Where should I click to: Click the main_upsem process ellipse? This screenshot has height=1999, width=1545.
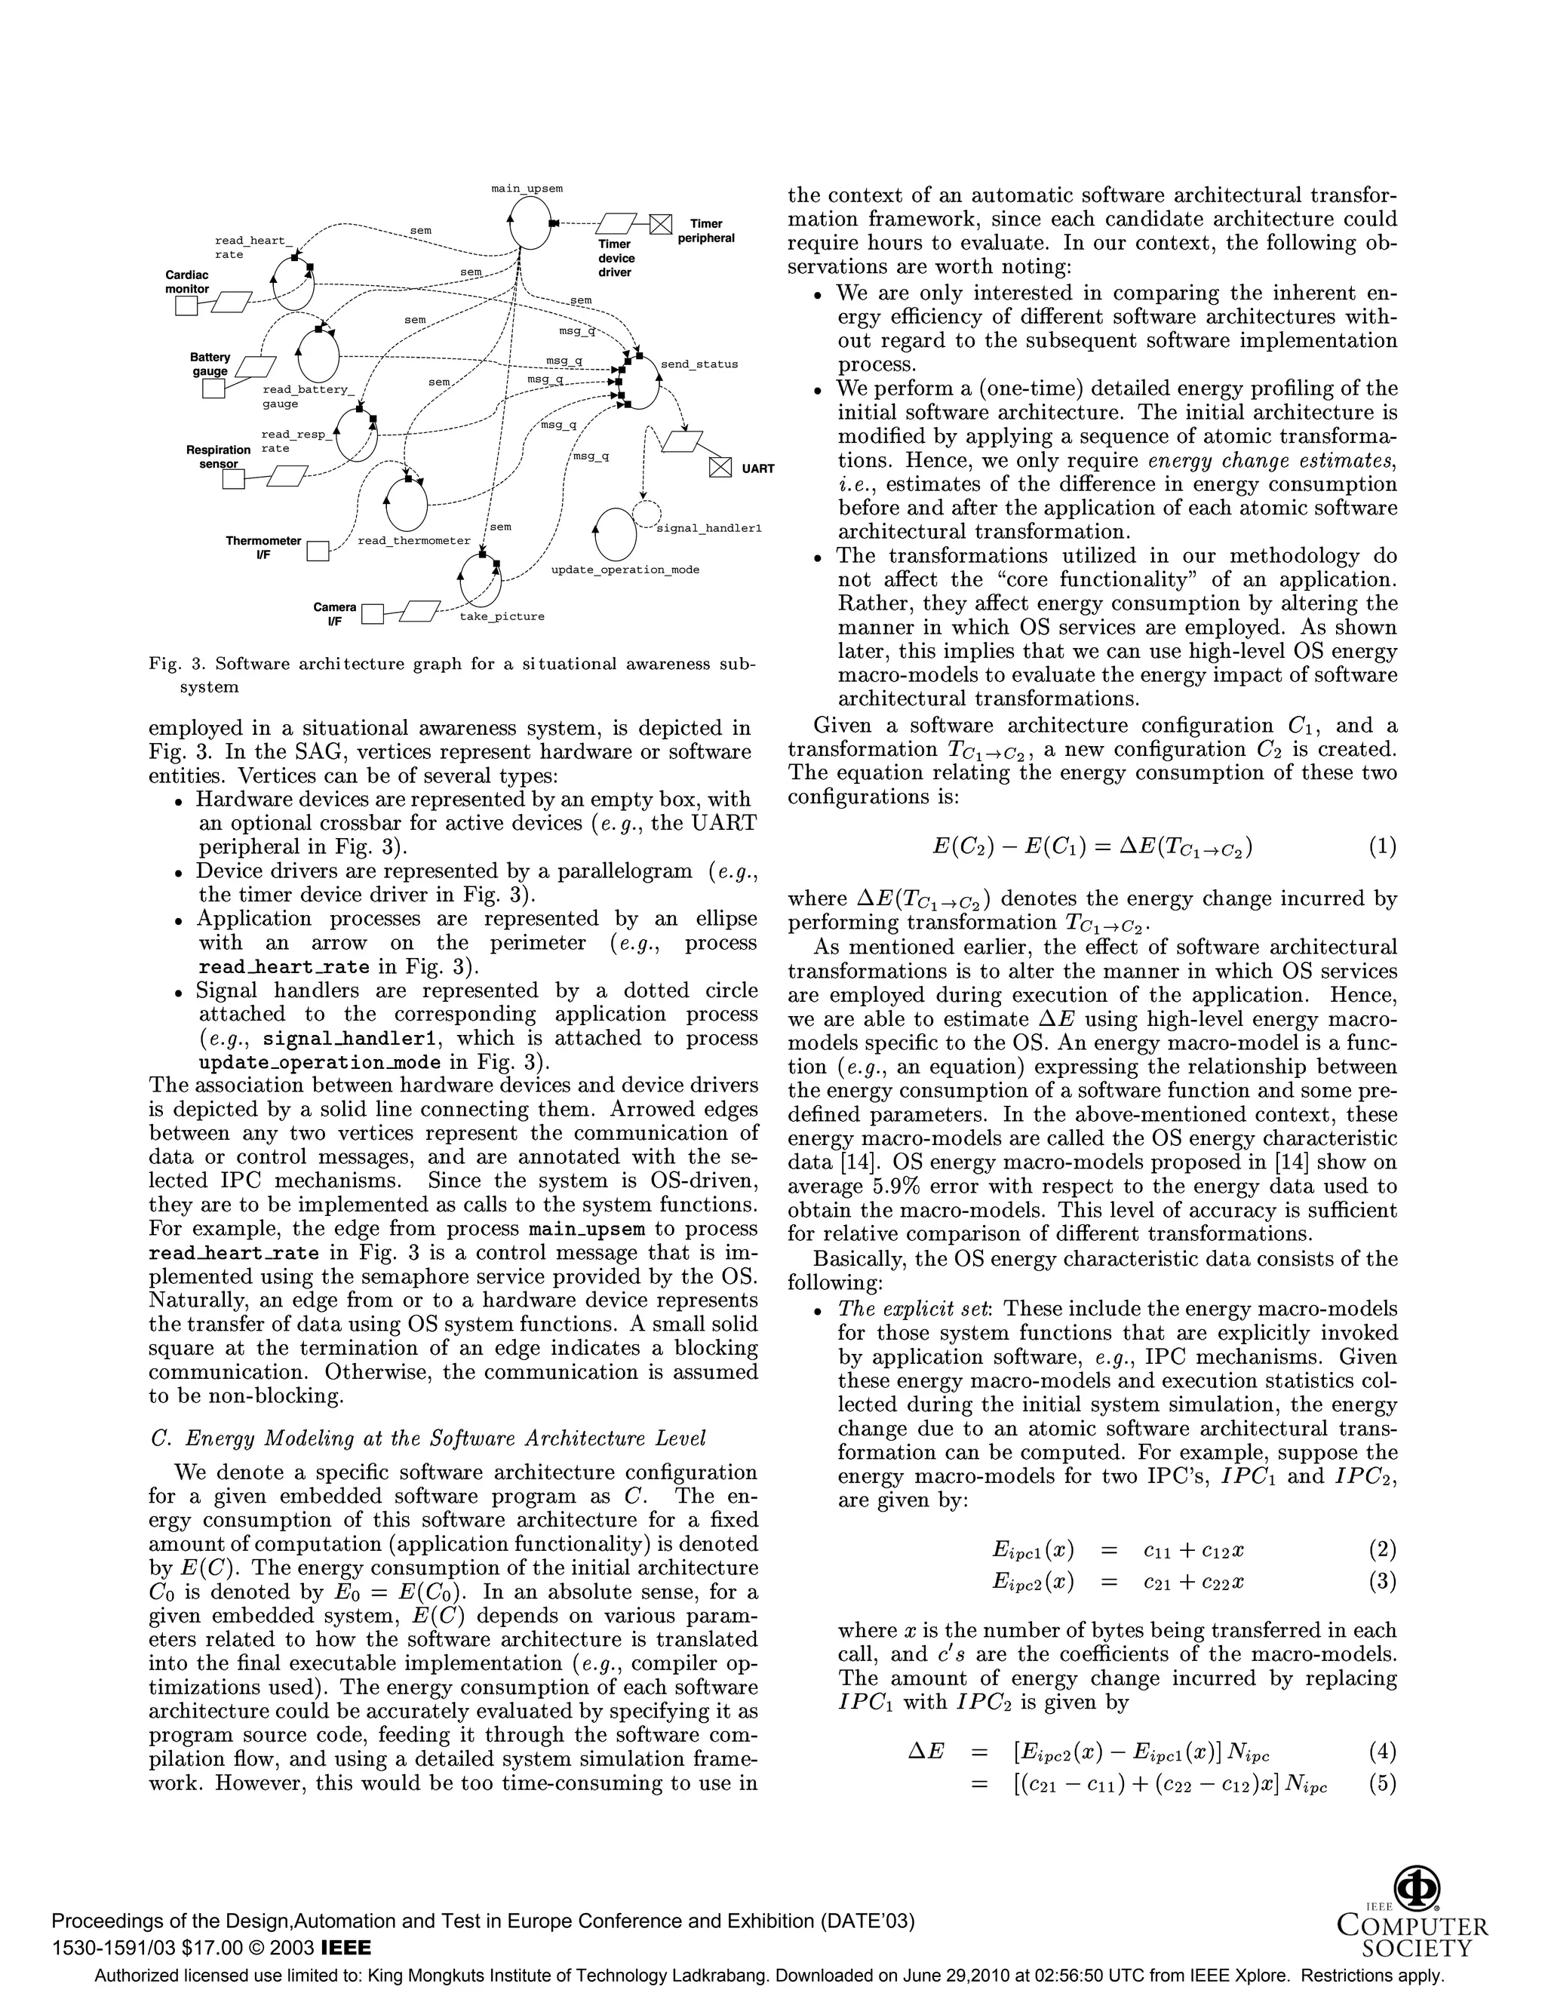[x=530, y=223]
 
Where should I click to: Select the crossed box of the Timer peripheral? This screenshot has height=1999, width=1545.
[x=661, y=223]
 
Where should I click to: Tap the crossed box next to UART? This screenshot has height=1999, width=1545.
[x=720, y=467]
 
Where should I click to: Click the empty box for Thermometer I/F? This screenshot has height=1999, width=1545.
[x=318, y=551]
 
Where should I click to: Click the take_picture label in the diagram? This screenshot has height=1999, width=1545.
[x=502, y=617]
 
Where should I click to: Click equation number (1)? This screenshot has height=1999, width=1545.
[x=1382, y=846]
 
